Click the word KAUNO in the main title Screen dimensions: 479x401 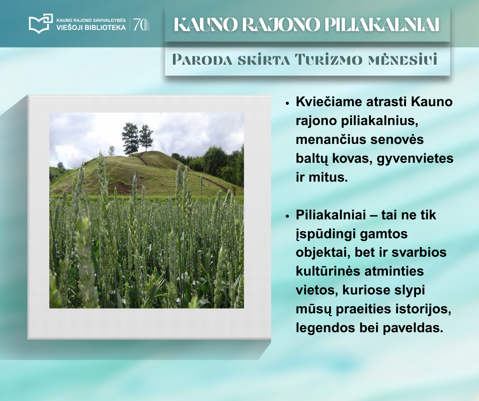pyautogui.click(x=206, y=24)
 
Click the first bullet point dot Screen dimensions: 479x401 pyautogui.click(x=287, y=103)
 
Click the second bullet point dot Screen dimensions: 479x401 pyautogui.click(x=287, y=216)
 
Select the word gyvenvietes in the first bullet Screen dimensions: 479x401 pyautogui.click(x=415, y=159)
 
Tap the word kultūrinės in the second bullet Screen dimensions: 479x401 pyautogui.click(x=328, y=271)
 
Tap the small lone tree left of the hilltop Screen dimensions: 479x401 pyautogui.click(x=111, y=151)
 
